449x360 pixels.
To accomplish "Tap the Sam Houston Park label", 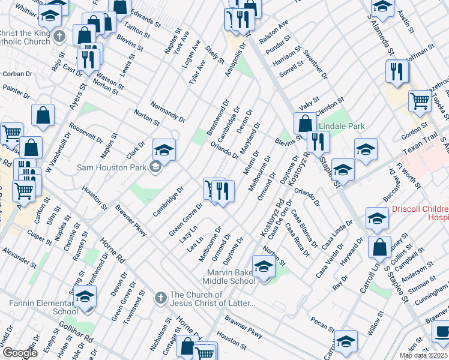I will (x=112, y=167).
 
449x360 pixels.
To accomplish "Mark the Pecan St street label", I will (x=323, y=326).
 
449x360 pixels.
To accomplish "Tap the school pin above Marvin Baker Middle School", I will (x=264, y=266).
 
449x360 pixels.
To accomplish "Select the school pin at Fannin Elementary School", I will (x=85, y=296).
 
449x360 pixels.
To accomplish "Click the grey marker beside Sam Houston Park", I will (x=155, y=167).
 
